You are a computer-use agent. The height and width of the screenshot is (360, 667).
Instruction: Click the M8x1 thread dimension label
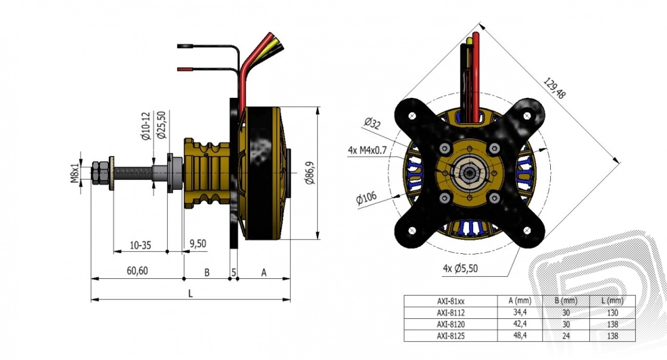[74, 171]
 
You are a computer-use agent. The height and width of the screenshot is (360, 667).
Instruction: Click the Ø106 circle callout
[367, 198]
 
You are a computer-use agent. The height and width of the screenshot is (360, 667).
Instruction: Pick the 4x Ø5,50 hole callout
[460, 268]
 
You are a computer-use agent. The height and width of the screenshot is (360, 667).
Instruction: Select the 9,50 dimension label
[198, 243]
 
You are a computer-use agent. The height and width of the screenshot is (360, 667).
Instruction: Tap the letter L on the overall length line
[191, 294]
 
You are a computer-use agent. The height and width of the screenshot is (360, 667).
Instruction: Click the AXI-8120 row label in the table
[450, 324]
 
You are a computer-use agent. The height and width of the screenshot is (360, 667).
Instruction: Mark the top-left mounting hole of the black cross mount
[412, 116]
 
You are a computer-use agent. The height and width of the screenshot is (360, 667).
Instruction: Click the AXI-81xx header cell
[450, 301]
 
